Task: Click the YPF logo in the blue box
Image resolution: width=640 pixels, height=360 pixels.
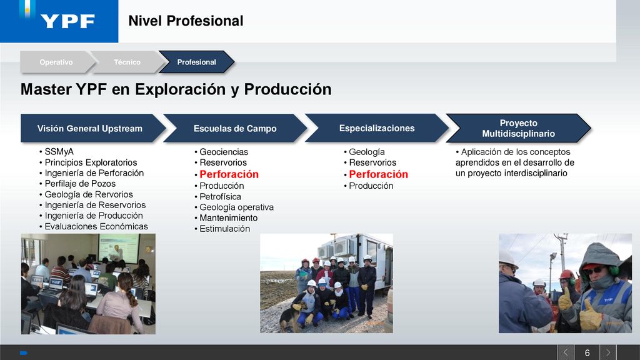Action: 67,21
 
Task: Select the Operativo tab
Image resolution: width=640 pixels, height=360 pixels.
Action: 56,62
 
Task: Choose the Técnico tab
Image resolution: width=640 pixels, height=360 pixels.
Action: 127,62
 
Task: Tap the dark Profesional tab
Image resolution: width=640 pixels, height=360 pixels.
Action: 196,62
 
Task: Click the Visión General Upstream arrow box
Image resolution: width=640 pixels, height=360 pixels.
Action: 91,128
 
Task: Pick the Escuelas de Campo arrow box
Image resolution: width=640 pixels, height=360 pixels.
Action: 235,128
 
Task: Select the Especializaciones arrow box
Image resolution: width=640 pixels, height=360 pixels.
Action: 377,128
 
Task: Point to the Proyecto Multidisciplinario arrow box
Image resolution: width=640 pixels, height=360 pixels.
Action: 518,128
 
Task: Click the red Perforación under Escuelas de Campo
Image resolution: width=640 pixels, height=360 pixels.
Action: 229,174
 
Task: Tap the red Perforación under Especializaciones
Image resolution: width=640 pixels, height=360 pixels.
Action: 378,174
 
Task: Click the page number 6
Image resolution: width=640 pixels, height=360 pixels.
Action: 587,352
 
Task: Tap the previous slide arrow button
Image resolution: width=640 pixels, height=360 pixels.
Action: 566,352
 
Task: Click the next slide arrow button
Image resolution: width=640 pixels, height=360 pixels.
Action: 607,352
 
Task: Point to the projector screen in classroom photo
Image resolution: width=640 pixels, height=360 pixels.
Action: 119,249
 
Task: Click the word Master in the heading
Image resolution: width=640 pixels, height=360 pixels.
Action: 46,89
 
